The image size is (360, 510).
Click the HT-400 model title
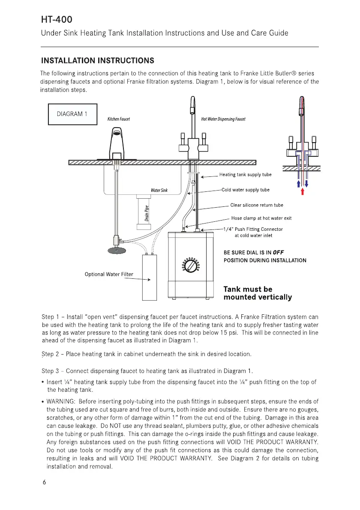(57, 20)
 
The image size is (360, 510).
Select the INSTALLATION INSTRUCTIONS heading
(97, 60)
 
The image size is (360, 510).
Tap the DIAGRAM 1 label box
(72, 114)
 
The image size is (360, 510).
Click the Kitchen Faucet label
(118, 119)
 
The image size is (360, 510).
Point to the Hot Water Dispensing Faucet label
(223, 119)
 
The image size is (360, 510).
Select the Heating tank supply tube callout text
(245, 174)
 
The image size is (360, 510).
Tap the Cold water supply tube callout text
(246, 190)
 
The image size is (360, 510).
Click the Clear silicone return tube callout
(257, 205)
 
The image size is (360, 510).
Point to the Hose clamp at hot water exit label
(261, 218)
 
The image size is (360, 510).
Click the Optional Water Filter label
(109, 274)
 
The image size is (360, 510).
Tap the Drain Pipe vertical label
(147, 214)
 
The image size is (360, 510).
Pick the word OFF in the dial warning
(278, 252)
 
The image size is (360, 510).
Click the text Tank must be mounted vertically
(258, 293)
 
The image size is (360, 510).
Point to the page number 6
(44, 482)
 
